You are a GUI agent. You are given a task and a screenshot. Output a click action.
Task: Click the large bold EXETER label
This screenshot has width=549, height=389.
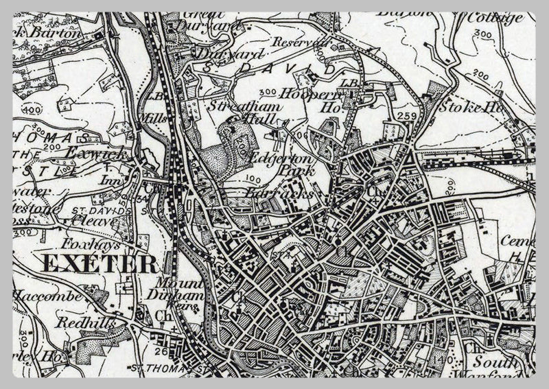[100, 262]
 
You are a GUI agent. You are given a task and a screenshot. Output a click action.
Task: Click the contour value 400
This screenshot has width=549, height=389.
[31, 110]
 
